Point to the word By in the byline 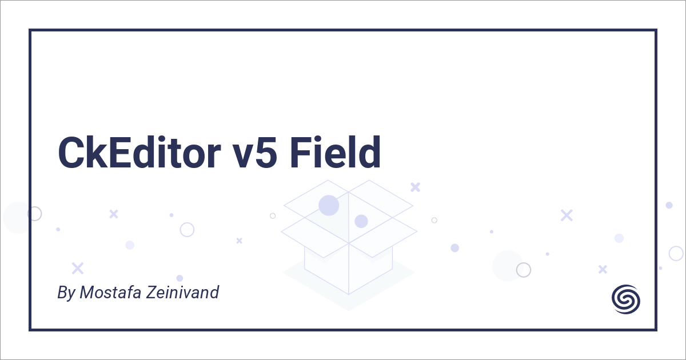[66, 293]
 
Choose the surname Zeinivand [189, 293]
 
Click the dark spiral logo [626, 299]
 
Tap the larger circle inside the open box [329, 205]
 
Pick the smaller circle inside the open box [361, 221]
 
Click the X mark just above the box [416, 186]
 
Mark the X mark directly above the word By [78, 268]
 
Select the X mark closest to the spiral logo [603, 269]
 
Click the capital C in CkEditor [71, 153]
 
